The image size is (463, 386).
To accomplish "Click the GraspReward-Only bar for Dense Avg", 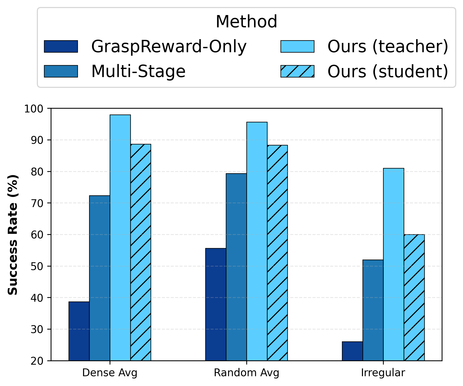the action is (x=79, y=331).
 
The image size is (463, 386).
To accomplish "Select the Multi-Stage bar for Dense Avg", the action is (x=100, y=278).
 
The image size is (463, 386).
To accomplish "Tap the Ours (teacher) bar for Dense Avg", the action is (x=120, y=238).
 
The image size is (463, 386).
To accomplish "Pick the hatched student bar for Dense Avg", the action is (x=141, y=252).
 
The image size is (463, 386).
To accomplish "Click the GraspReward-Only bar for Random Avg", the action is (x=216, y=304).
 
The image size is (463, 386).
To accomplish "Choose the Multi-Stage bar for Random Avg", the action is (x=236, y=267).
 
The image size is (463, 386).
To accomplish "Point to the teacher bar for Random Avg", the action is (x=257, y=241).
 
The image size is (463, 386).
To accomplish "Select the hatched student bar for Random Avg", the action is (x=277, y=253).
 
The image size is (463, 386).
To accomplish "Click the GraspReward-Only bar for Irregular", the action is (x=352, y=351).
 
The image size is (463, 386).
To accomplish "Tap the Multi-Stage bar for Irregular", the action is (x=373, y=310).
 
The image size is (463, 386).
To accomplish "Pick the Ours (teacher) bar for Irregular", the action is (x=394, y=264).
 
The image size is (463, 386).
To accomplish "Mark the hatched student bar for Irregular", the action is (x=414, y=297).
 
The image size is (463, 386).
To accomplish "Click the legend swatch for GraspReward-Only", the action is (x=61, y=46).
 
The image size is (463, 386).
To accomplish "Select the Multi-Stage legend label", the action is (x=138, y=71).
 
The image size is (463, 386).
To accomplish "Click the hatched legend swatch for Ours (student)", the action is (x=297, y=71).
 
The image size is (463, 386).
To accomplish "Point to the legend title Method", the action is (x=246, y=22).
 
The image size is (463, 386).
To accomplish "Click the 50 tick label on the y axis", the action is (x=37, y=266).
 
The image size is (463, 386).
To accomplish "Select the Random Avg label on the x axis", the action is (x=247, y=373).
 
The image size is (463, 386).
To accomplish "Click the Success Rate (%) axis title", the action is (x=13, y=235).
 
